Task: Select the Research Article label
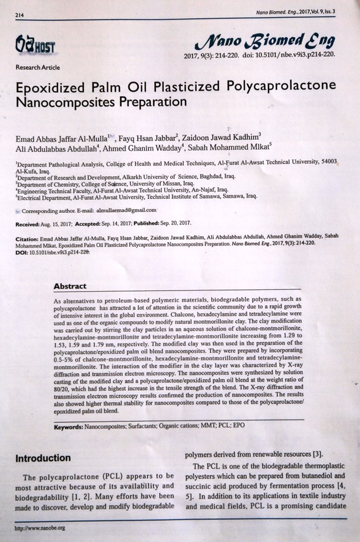pyautogui.click(x=38, y=67)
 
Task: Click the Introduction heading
pyautogui.click(x=43, y=458)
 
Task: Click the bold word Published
pyautogui.click(x=147, y=223)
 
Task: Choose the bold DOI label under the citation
pyautogui.click(x=22, y=253)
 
